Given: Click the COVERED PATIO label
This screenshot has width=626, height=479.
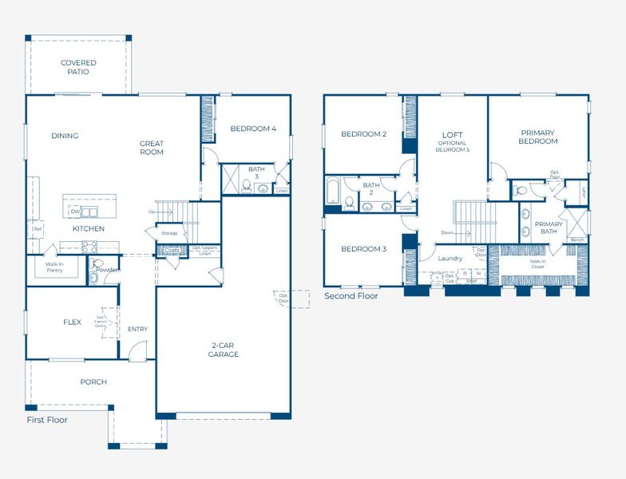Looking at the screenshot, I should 78,67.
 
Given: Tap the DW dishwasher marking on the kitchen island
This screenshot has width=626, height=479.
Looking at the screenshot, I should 74,212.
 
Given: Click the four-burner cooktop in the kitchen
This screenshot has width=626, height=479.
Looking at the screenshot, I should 89,246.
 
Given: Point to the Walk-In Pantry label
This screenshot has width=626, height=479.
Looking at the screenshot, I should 54,267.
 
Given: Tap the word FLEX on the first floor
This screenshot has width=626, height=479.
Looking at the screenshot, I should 72,323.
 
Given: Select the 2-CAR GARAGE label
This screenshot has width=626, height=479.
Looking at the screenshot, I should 224,350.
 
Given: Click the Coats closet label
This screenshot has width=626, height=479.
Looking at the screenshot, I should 172,250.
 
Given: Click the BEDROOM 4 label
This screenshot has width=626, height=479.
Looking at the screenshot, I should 253,129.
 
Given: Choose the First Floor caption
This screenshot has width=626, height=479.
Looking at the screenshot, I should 47,420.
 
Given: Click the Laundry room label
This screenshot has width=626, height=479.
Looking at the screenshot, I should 451,258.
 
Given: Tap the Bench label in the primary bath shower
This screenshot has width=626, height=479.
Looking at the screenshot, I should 576,239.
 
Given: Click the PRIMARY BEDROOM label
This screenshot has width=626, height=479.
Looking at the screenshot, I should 539,137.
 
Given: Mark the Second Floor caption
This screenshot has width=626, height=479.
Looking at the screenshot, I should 351,295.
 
